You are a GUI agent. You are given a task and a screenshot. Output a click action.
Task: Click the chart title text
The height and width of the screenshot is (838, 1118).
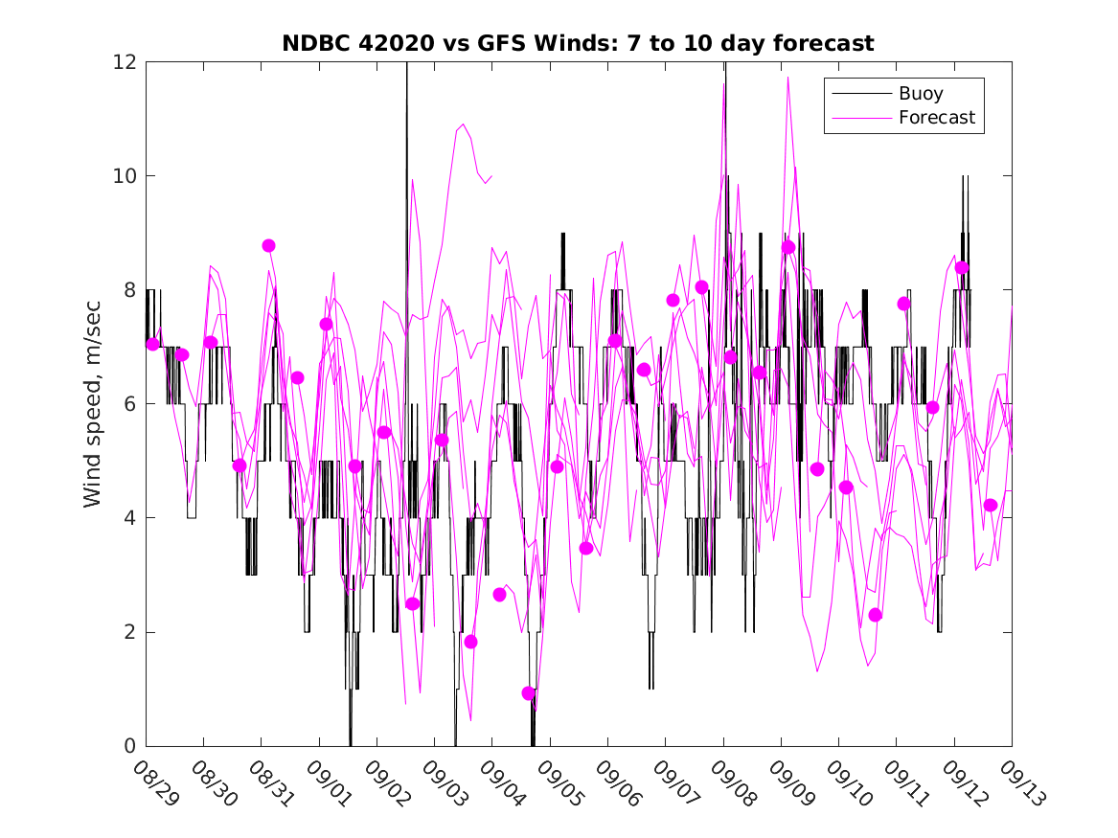(578, 43)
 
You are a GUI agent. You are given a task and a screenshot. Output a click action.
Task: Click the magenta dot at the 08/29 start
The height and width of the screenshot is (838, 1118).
(152, 344)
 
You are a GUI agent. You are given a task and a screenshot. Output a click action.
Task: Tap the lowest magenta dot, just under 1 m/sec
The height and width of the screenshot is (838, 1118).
(529, 693)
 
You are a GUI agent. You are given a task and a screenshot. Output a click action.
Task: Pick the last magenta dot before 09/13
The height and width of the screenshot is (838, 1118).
(991, 506)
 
